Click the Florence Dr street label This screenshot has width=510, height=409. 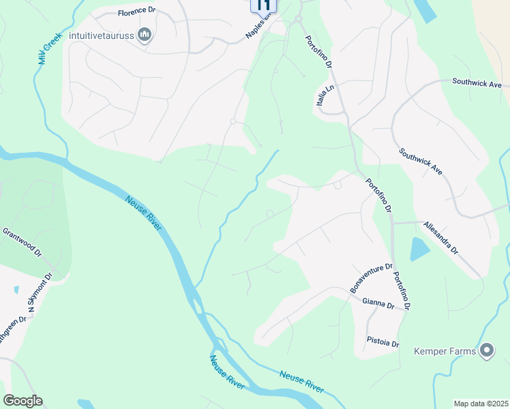137,13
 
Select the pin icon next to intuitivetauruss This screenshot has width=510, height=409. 144,35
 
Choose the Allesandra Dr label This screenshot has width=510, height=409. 440,237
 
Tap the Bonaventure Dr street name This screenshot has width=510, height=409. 372,279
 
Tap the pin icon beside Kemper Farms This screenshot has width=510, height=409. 487,351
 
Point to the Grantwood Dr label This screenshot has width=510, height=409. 22,242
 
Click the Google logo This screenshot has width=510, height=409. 22,401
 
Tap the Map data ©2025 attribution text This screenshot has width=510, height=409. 481,403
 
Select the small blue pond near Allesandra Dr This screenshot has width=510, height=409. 419,249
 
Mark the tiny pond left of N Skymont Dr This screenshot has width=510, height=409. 16,290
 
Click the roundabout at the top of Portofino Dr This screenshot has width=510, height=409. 298,20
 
